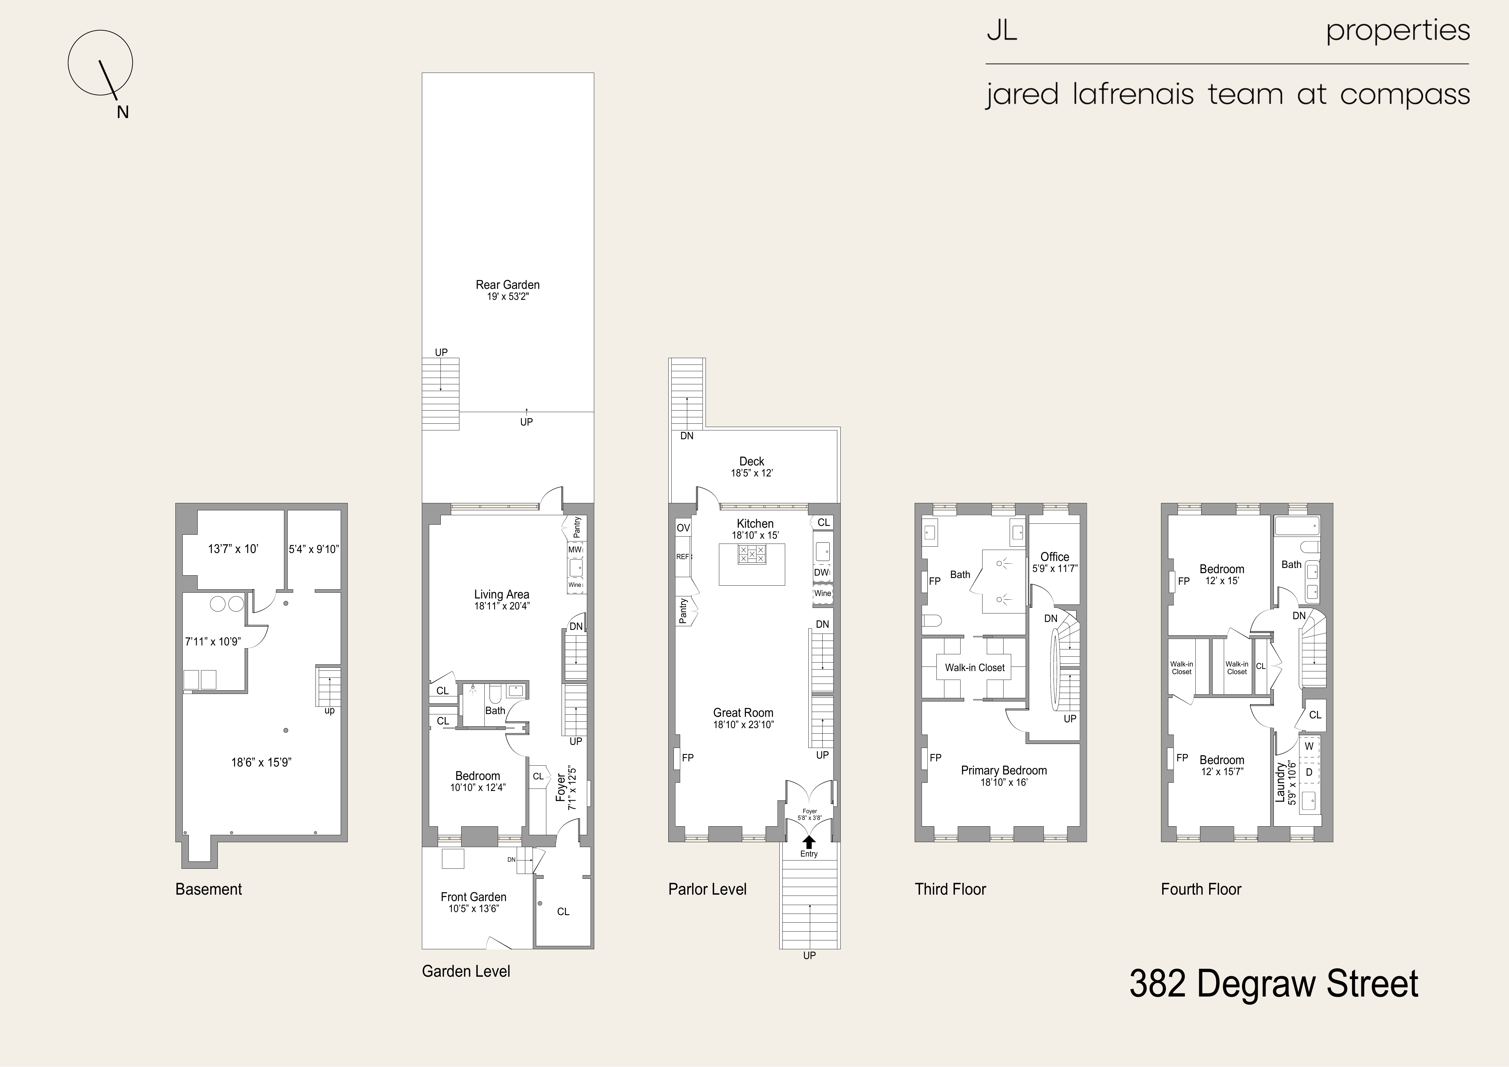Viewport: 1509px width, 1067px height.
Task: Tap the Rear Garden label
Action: pos(507,285)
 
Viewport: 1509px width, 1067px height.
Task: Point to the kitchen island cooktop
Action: pos(752,554)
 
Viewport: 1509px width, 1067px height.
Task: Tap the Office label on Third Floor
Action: pos(1054,556)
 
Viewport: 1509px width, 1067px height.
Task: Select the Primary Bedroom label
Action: pos(1004,771)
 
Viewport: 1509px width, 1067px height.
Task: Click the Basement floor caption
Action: pos(208,889)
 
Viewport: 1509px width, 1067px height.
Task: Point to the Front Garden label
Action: pos(473,897)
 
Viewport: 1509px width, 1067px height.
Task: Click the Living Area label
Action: pos(501,594)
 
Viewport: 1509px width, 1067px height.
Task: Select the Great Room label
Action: pos(743,713)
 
